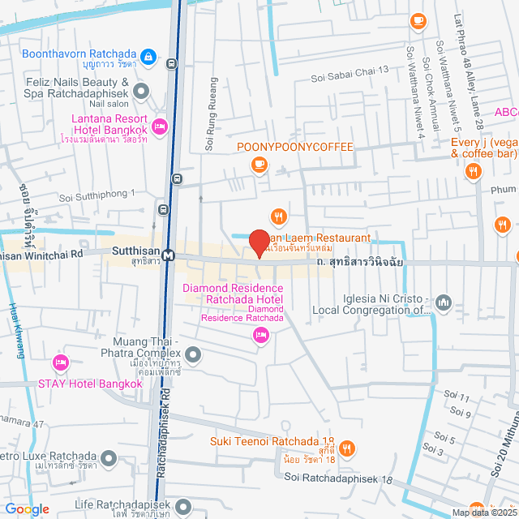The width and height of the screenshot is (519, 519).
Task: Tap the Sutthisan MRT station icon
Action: [169, 255]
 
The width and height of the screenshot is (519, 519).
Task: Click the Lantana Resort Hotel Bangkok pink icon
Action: [160, 125]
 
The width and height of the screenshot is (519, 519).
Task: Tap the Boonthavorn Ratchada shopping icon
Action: [148, 56]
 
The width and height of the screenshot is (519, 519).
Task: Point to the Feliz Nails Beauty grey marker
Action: [142, 90]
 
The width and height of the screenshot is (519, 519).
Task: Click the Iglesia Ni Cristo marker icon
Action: [444, 302]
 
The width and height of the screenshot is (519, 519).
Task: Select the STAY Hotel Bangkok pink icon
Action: [60, 362]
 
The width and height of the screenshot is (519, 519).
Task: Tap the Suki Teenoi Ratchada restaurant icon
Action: [346, 448]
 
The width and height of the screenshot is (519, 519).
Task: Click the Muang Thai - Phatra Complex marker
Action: [193, 354]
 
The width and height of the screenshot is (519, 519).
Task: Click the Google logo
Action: [27, 508]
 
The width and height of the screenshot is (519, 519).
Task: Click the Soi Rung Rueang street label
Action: [213, 114]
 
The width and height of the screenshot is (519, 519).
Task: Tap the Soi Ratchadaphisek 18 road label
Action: [338, 478]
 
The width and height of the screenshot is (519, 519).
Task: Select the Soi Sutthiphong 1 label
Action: [97, 196]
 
